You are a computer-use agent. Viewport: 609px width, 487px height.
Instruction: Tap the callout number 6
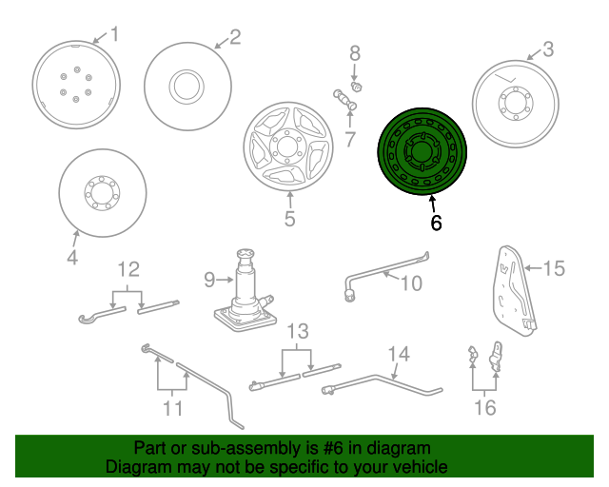click(x=436, y=224)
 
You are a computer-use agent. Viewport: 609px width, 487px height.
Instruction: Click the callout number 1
click(x=114, y=35)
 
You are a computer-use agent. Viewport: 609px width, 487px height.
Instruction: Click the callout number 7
click(x=350, y=140)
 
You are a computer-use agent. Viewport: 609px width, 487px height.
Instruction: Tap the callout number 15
click(x=553, y=268)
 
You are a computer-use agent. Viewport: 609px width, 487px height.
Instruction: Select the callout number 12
click(x=128, y=269)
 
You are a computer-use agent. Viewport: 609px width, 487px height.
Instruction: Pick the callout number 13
click(x=298, y=331)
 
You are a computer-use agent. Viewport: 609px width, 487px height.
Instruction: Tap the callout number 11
click(x=172, y=409)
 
